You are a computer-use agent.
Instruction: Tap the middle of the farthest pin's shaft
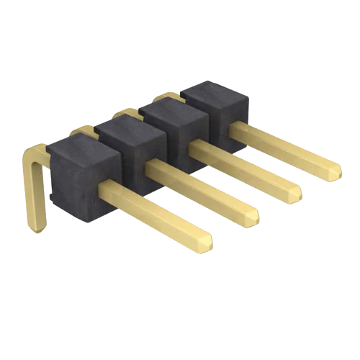(x=284, y=148)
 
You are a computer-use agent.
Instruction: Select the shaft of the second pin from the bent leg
(x=202, y=188)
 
